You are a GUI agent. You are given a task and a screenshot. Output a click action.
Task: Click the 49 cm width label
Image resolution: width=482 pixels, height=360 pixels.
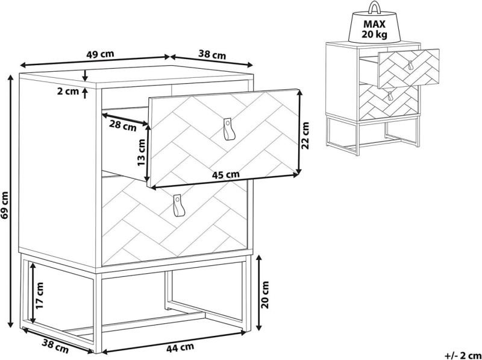click(100, 54)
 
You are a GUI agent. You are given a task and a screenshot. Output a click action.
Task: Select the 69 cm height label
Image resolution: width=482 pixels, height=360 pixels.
click(5, 204)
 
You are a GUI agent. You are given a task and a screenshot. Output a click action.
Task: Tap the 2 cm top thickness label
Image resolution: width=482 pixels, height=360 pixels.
click(68, 92)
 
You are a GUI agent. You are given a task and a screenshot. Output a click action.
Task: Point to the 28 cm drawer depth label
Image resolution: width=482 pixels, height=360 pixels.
click(123, 125)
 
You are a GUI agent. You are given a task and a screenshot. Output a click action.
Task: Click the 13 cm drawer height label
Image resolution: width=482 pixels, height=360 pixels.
click(141, 153)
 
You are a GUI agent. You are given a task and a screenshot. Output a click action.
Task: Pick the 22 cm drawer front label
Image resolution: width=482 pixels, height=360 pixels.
click(305, 135)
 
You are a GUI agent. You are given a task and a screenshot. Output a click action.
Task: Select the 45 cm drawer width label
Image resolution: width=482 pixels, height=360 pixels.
click(225, 174)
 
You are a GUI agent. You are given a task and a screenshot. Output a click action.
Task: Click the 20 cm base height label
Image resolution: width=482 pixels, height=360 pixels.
click(264, 294)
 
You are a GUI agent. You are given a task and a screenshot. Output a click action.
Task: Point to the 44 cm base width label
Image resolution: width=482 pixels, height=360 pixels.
click(180, 348)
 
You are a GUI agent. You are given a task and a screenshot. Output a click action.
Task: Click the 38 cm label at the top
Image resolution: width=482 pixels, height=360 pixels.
click(212, 55)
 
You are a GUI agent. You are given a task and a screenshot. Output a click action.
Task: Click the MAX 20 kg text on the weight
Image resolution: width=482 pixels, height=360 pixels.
click(374, 29)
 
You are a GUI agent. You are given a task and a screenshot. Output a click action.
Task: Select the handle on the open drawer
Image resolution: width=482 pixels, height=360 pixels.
click(228, 128)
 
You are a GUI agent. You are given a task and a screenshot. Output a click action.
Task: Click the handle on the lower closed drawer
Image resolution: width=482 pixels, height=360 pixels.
click(178, 206)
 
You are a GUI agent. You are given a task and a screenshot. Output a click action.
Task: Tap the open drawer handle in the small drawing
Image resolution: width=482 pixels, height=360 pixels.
click(411, 65)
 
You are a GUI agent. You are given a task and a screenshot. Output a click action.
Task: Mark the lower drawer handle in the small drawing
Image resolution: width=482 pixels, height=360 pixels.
click(390, 96)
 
